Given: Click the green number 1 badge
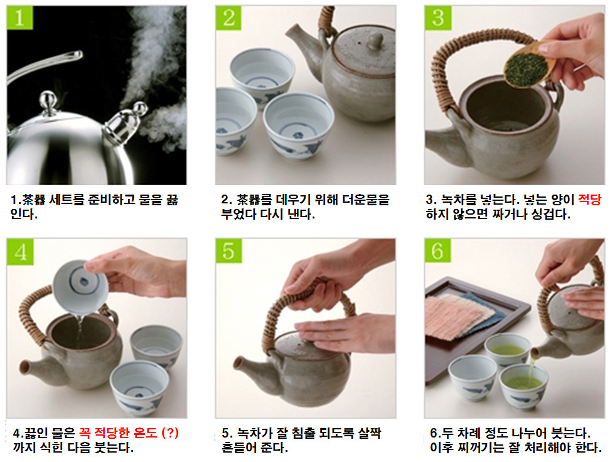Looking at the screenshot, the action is [x=20, y=17].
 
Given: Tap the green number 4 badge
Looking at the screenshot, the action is [x=20, y=251].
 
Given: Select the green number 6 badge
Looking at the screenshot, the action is [x=438, y=250].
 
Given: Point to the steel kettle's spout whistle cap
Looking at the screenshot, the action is [x=125, y=122].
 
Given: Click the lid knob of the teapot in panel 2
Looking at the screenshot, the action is [x=376, y=41].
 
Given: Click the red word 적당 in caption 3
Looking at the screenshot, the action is [x=589, y=200].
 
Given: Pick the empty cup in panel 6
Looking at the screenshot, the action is [x=472, y=376].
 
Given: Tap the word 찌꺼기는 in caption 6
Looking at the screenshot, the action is [x=475, y=448].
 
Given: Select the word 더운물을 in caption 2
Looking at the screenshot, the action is [x=366, y=200].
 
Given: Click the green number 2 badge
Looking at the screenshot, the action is [x=228, y=17].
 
